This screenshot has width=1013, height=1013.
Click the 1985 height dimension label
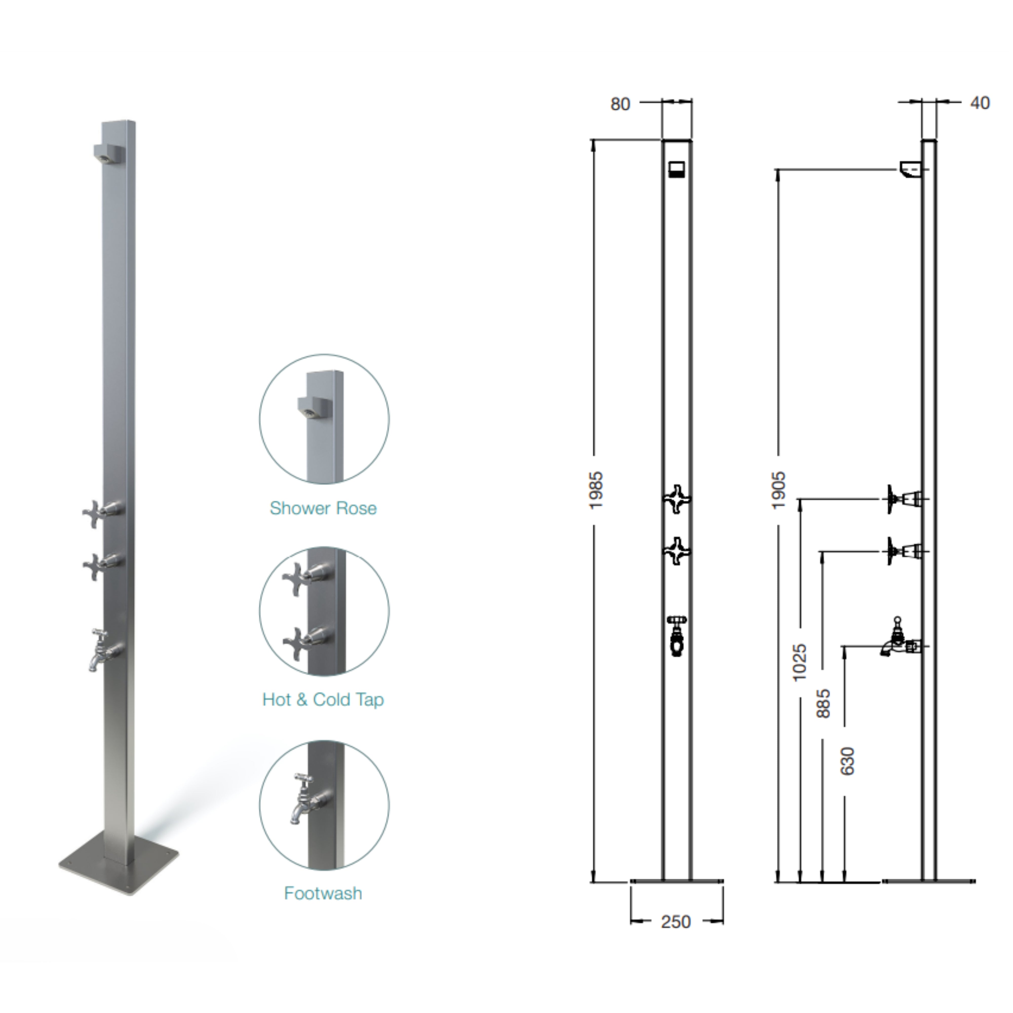[x=596, y=490]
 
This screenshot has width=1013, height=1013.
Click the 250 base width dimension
[x=676, y=922]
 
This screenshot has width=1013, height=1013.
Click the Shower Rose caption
[x=323, y=508]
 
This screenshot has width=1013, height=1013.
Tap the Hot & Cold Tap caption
[x=323, y=699]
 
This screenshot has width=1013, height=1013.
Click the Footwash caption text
[x=323, y=893]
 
